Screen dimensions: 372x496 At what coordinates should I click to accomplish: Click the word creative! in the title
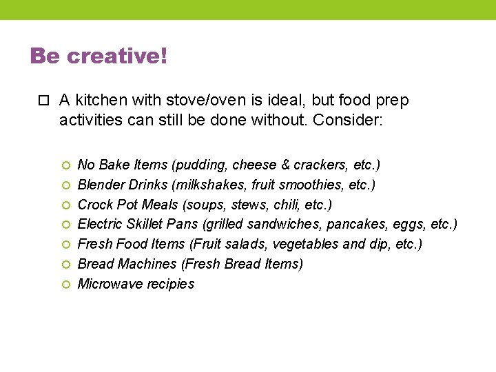pyautogui.click(x=117, y=56)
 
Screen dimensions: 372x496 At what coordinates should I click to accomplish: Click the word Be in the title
pyautogui.click(x=45, y=56)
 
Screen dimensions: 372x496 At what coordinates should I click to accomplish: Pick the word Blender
pyautogui.click(x=100, y=185)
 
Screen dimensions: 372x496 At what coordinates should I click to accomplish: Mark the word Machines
pyautogui.click(x=147, y=264)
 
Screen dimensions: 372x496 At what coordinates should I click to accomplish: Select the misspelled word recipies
pyautogui.click(x=169, y=284)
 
